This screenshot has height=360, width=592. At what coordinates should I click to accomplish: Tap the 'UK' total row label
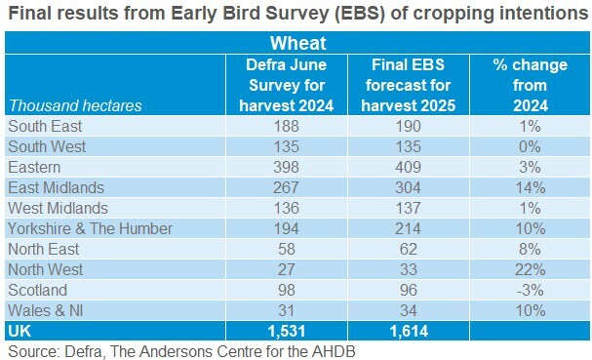tap(19, 331)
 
